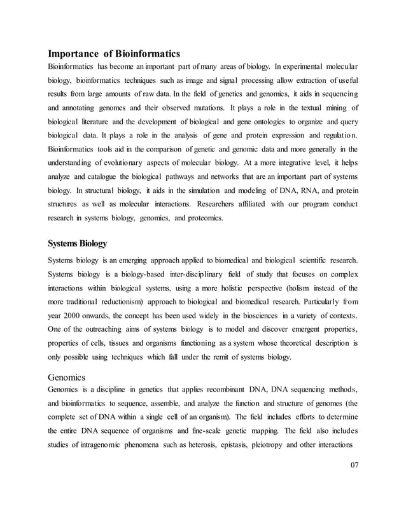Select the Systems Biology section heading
(78, 243)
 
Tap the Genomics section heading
(69, 376)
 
